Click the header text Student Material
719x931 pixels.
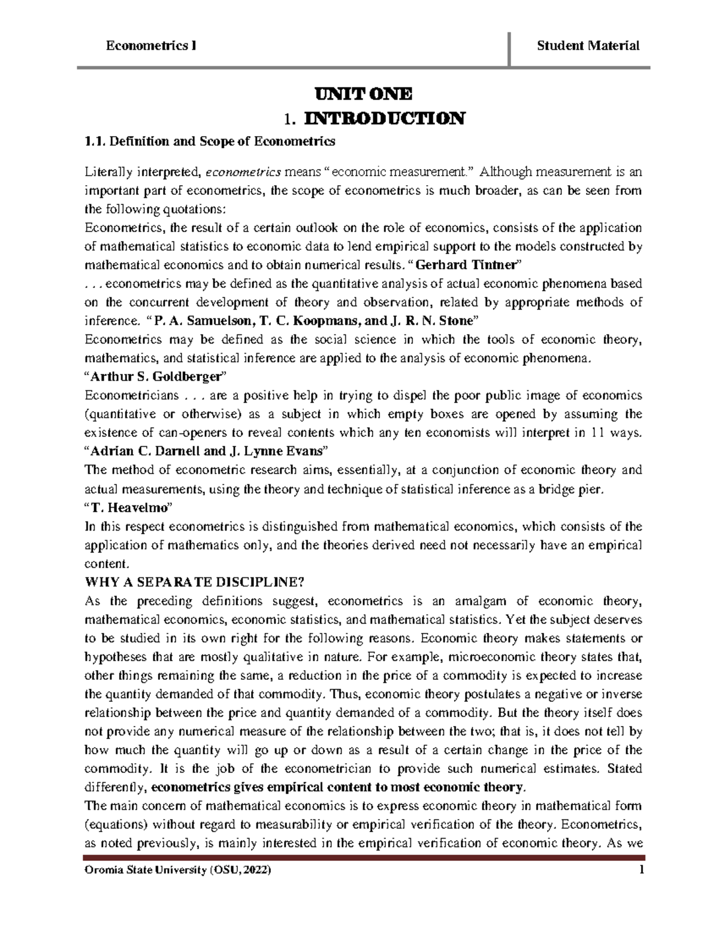point(588,46)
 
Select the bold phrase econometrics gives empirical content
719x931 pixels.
point(286,787)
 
